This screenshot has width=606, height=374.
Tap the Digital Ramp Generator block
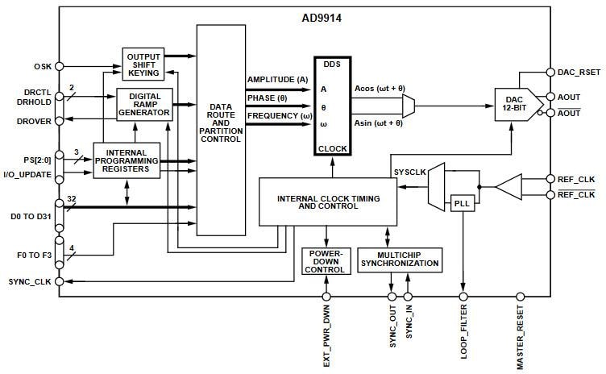[x=145, y=104]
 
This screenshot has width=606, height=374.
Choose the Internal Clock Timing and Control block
[x=328, y=202]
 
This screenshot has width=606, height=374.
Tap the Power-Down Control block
[x=326, y=262]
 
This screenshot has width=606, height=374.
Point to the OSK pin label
[x=42, y=66]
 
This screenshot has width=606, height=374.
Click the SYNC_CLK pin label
[x=30, y=282]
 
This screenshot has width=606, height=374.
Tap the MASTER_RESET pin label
[x=520, y=333]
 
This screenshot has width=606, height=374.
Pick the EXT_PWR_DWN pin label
[x=326, y=335]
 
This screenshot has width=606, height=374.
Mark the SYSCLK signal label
[x=409, y=172]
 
